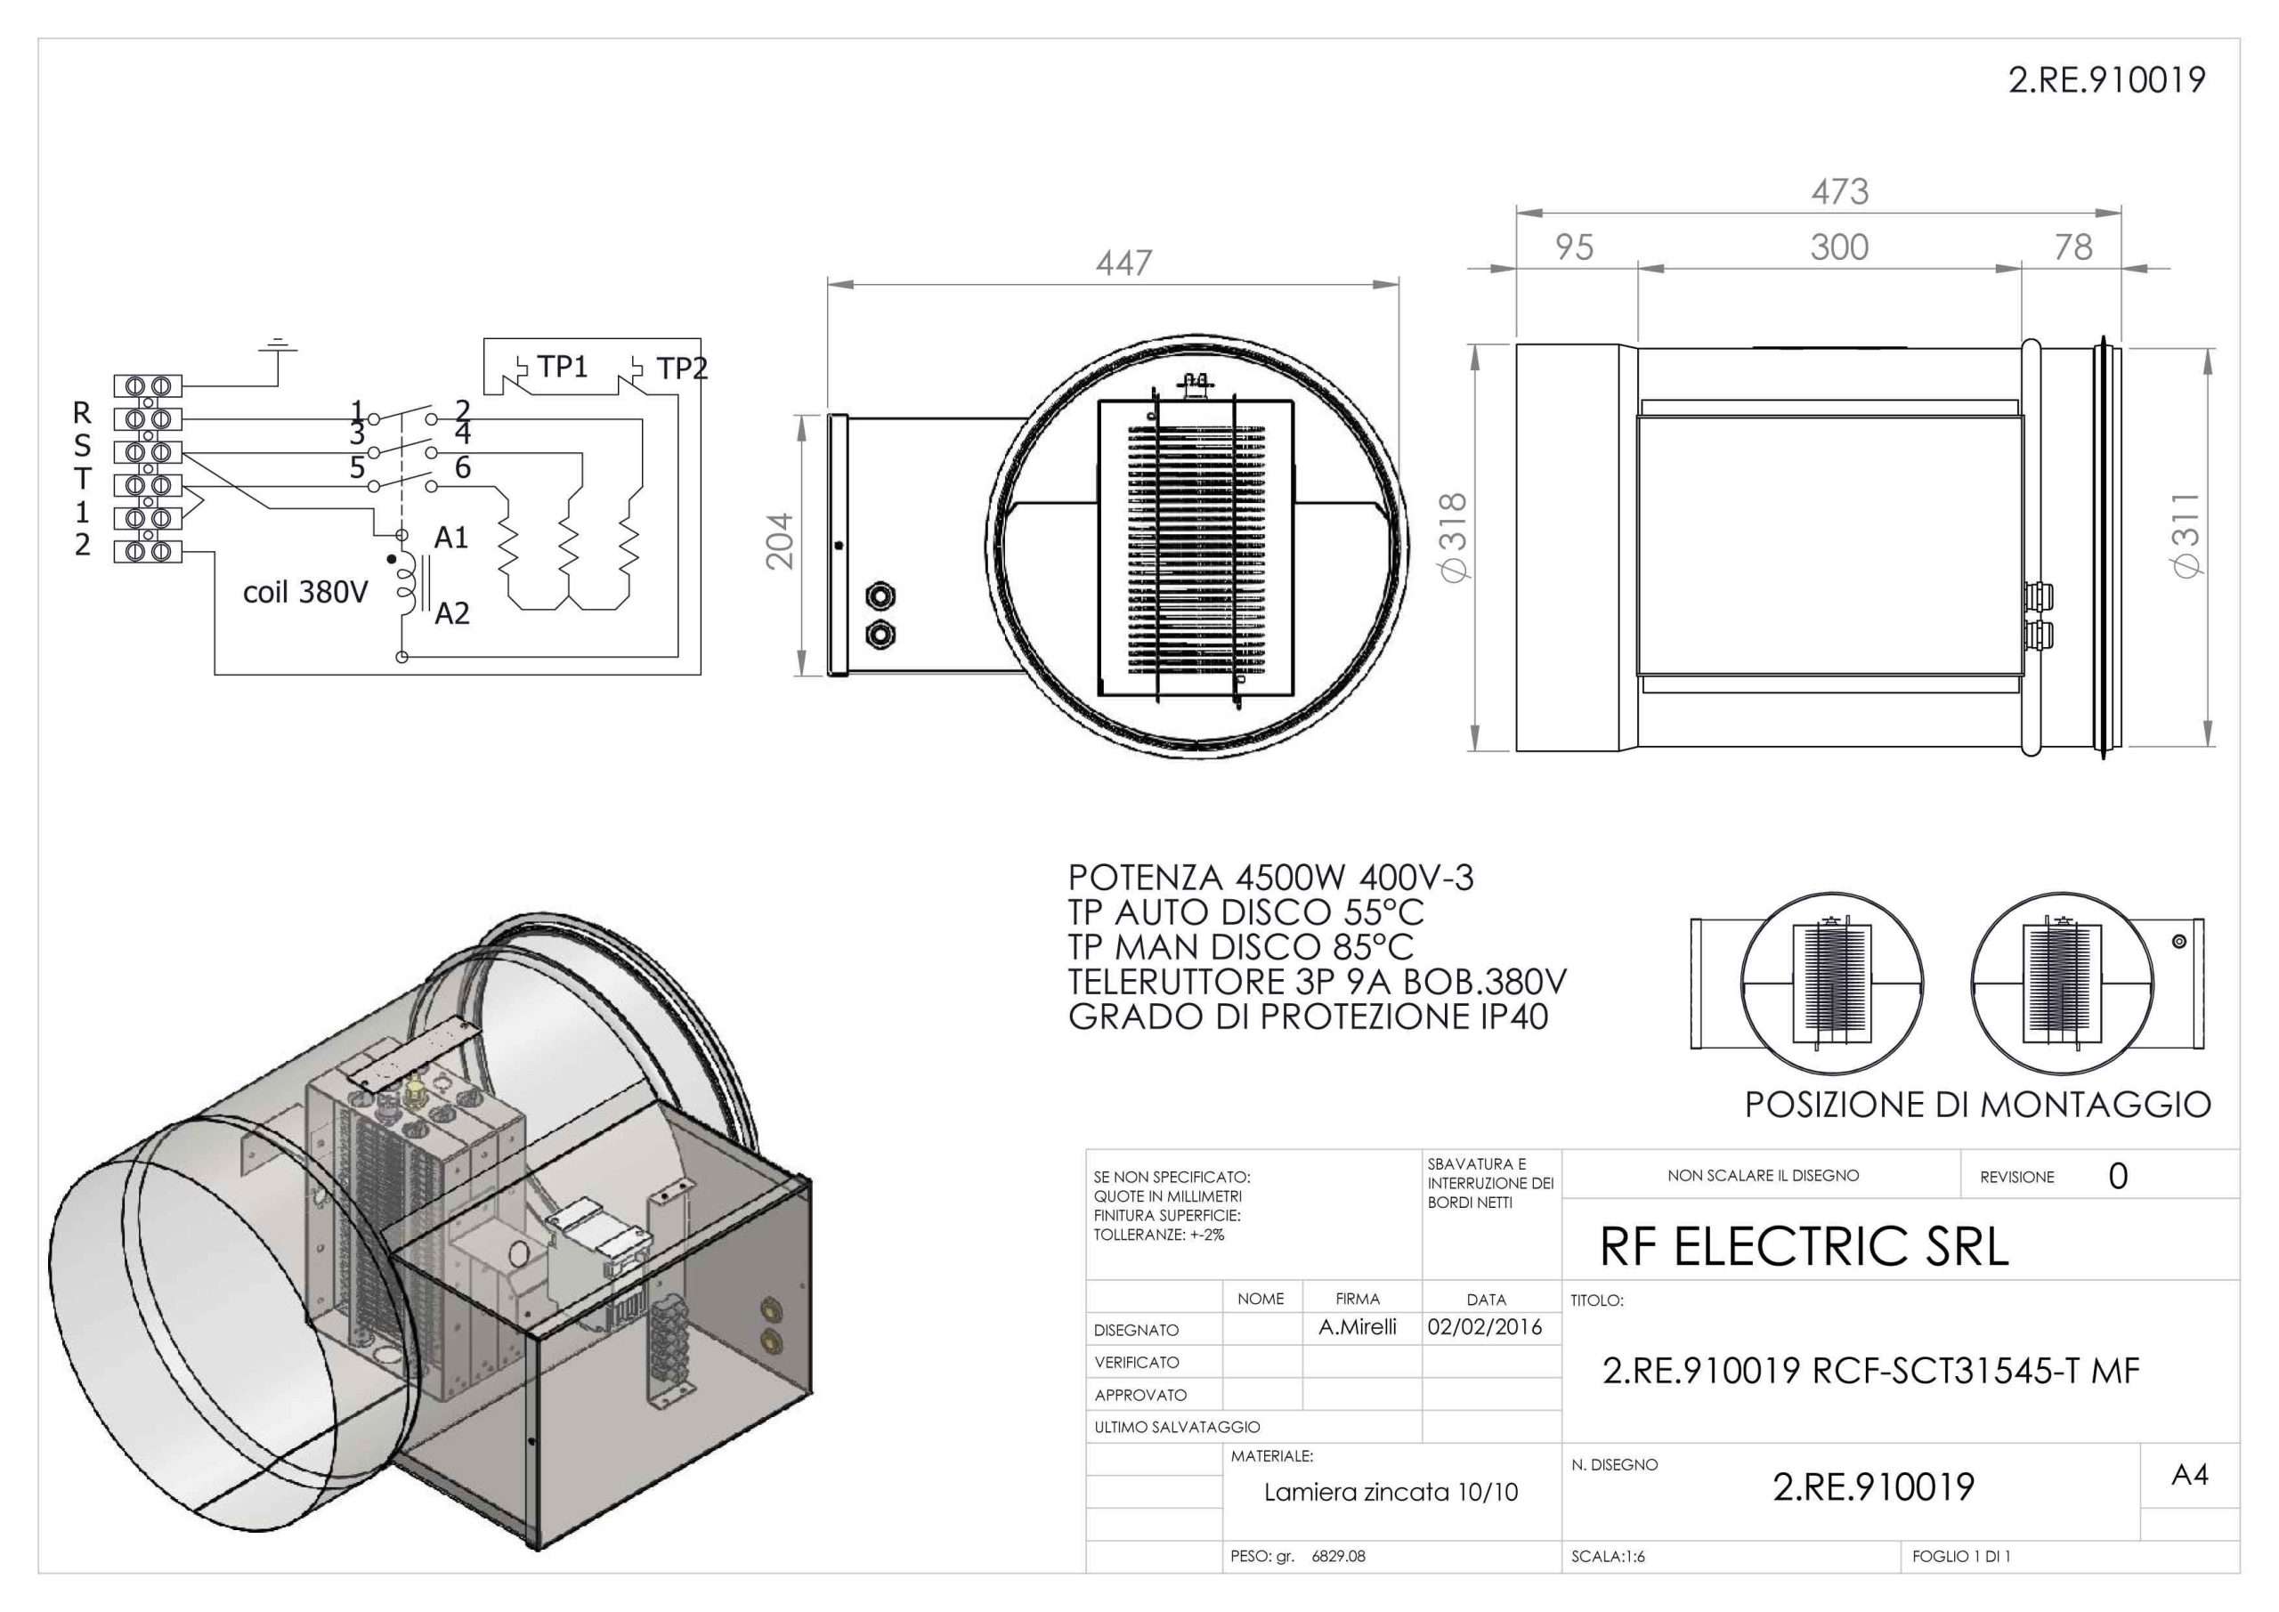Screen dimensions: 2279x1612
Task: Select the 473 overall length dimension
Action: tap(1839, 190)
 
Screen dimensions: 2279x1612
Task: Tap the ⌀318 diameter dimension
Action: tap(1452, 537)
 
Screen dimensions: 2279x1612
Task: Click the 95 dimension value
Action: tap(1574, 247)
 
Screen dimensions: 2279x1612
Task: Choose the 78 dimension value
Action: tap(2072, 247)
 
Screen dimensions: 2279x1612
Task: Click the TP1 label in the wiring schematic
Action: tap(563, 368)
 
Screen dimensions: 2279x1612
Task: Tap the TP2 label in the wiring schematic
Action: tap(682, 369)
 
